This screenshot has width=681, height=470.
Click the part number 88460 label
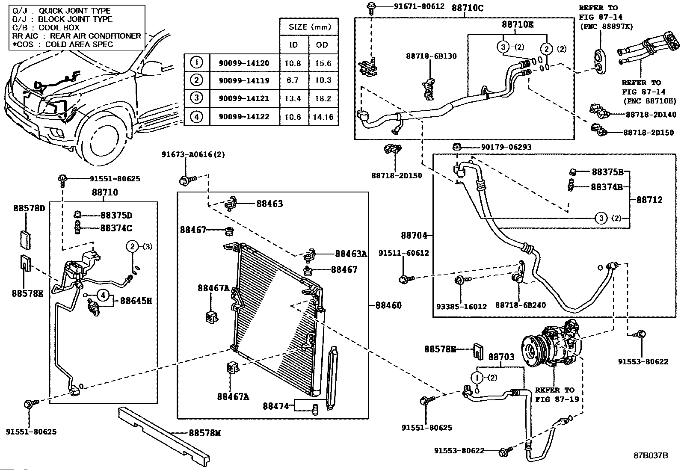(x=388, y=305)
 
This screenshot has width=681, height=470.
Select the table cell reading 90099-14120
(x=244, y=63)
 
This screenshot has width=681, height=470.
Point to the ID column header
(x=293, y=45)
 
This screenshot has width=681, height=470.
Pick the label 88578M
(x=205, y=433)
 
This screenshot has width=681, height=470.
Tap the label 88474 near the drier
(x=276, y=405)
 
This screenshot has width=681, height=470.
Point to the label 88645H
(x=136, y=301)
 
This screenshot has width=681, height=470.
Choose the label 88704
(x=414, y=235)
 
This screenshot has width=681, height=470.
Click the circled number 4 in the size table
(x=196, y=116)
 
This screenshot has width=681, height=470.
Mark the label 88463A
(x=351, y=254)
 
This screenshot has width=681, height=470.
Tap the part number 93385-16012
(x=461, y=306)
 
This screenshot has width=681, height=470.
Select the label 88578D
(x=29, y=208)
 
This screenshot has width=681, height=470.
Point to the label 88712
(x=649, y=200)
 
